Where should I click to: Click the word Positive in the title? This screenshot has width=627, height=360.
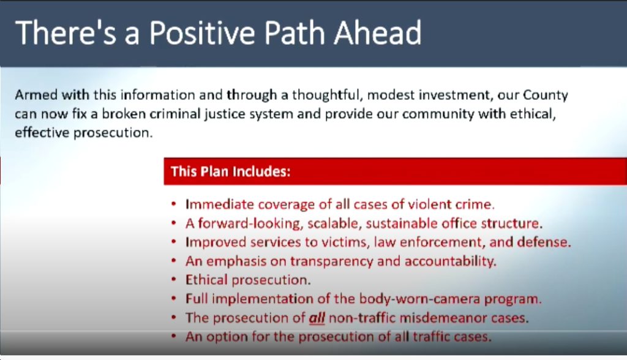click(x=202, y=33)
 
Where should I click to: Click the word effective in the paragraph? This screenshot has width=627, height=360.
click(x=42, y=132)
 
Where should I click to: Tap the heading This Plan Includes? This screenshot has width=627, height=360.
click(x=230, y=171)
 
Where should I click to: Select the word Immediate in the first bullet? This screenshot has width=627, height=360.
click(x=219, y=204)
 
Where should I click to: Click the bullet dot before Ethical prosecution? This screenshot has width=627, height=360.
click(x=173, y=280)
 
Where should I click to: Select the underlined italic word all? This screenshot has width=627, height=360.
click(x=317, y=318)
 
